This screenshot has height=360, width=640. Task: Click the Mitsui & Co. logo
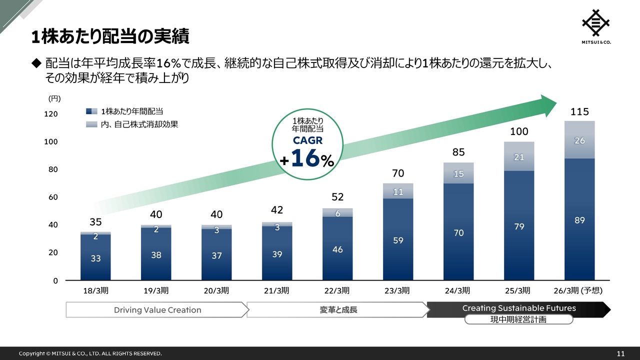tap(596, 26)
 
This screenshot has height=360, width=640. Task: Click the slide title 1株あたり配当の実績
tap(110, 36)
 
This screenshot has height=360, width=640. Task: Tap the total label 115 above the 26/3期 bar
tap(579, 112)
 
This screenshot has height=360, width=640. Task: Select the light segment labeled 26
tap(579, 140)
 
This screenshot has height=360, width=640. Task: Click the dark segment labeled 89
tap(579, 220)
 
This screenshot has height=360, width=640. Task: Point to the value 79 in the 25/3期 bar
tap(519, 227)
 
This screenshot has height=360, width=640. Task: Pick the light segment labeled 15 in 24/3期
tap(458, 173)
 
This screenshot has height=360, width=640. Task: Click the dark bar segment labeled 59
tap(398, 240)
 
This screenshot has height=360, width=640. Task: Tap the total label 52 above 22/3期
tap(337, 197)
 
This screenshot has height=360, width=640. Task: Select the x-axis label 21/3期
tap(277, 290)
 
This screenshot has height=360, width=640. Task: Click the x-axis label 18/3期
tap(95, 290)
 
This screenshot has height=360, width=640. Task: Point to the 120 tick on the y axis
tap(51, 114)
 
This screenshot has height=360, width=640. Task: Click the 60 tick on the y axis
tap(52, 197)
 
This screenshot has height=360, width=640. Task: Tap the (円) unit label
tap(54, 99)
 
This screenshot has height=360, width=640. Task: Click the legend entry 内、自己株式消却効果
tap(139, 124)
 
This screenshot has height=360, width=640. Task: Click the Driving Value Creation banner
tap(157, 310)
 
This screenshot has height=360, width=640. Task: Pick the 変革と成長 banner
tap(338, 310)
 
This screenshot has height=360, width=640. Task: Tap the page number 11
tap(620, 354)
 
